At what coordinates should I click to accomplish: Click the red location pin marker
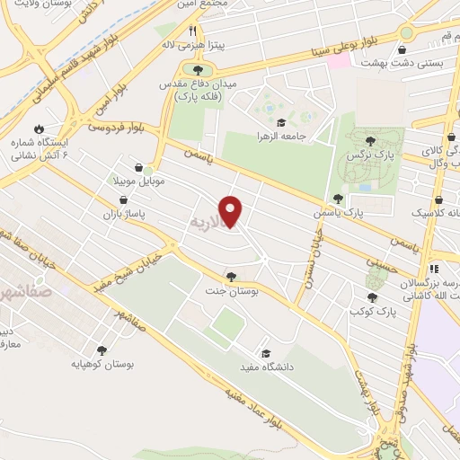click(x=232, y=212)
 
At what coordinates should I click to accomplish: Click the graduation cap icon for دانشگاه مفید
click(x=265, y=353)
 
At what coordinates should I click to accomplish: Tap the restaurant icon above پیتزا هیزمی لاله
click(x=192, y=31)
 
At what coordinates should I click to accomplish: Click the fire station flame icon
click(x=38, y=128)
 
